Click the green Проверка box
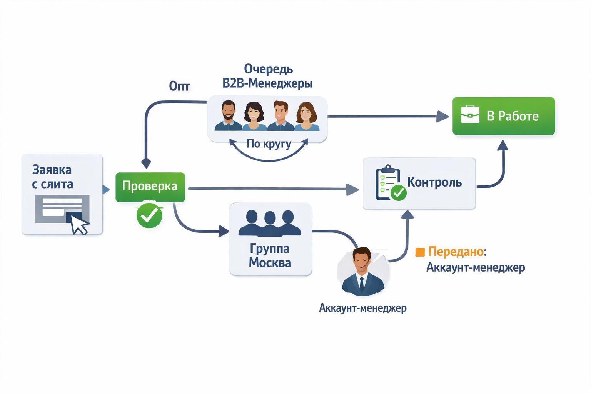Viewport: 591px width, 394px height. (x=150, y=187)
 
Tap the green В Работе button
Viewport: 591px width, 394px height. (x=504, y=116)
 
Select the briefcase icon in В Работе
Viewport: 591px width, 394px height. (x=470, y=114)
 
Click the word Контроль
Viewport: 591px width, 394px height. (x=434, y=182)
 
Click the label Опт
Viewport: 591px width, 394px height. (x=179, y=86)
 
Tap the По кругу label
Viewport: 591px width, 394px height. (x=269, y=144)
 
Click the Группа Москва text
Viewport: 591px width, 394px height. (x=270, y=256)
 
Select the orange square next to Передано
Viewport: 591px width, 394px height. (x=420, y=252)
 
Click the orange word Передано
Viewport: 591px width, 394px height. (x=456, y=252)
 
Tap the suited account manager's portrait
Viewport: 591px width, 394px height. (x=363, y=271)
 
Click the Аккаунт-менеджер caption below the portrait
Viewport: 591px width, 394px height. (x=363, y=308)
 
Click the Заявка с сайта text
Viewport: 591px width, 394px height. (x=52, y=177)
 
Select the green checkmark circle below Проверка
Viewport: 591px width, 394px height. (x=149, y=215)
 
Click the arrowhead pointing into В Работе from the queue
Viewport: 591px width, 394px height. (x=442, y=116)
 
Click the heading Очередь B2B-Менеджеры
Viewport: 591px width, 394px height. (x=267, y=76)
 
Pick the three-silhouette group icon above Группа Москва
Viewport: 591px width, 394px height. (x=270, y=223)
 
